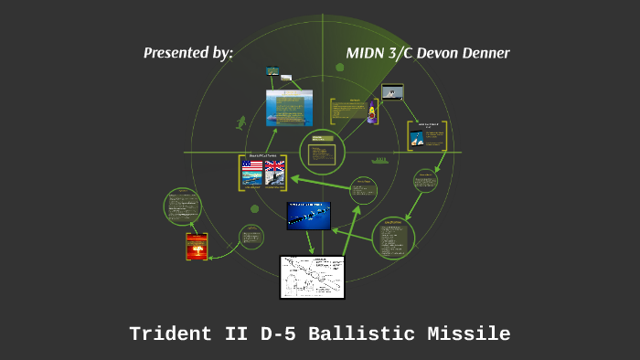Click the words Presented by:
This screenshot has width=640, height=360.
(x=188, y=53)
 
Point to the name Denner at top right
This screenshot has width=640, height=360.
(x=477, y=53)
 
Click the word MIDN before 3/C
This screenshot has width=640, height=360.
(x=366, y=53)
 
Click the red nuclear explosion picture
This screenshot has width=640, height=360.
(x=196, y=247)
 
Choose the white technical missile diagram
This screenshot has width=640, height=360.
(x=312, y=277)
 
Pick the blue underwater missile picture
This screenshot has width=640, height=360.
(x=308, y=216)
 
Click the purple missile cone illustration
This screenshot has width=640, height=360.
(x=373, y=113)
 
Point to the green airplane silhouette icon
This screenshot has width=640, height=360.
(x=241, y=122)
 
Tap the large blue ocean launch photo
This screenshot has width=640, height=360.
(x=290, y=108)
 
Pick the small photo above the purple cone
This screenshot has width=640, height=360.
(x=391, y=91)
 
